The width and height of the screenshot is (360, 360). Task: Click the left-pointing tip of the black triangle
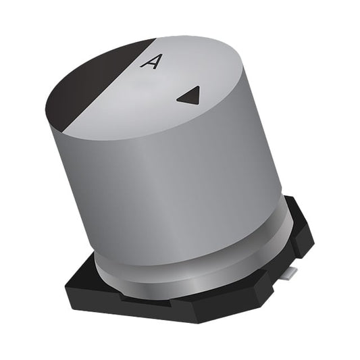pos(178,99)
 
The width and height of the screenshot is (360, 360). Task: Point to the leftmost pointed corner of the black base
pos(66,287)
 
